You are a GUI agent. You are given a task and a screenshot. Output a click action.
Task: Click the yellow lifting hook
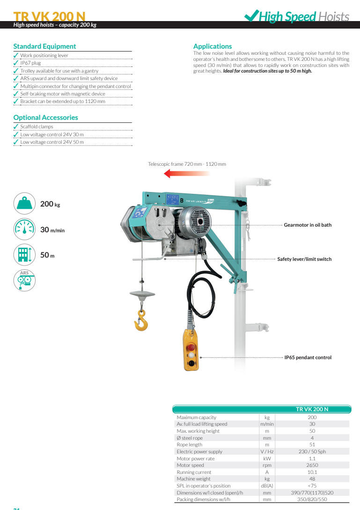(x=141, y=321)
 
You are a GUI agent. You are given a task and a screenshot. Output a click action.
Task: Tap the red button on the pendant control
(x=191, y=347)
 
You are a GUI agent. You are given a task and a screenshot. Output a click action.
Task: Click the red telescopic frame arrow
(x=187, y=173)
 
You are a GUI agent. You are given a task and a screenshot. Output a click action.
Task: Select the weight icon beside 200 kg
(x=24, y=203)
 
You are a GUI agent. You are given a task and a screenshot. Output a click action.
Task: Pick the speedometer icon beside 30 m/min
(x=24, y=229)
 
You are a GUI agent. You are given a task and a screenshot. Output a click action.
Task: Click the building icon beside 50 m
(x=24, y=255)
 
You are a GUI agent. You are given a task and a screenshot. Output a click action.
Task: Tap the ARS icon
(x=24, y=281)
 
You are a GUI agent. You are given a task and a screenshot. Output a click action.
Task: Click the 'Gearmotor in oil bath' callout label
(x=308, y=225)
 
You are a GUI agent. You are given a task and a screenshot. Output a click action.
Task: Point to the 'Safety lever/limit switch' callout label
(x=304, y=259)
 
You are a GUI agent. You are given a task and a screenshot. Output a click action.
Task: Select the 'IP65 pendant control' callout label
(x=308, y=357)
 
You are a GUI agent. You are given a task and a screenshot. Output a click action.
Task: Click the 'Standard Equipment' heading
(x=44, y=46)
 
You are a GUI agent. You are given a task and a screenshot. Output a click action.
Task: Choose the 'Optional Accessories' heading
(x=45, y=118)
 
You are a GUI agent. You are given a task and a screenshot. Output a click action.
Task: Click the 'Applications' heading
(x=213, y=46)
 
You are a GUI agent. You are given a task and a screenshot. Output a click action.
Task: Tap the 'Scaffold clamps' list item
(x=37, y=126)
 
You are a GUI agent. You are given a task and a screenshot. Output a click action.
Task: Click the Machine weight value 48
(x=312, y=479)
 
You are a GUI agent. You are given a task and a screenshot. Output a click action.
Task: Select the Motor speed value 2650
(x=312, y=465)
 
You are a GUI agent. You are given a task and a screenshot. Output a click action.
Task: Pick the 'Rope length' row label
(x=190, y=444)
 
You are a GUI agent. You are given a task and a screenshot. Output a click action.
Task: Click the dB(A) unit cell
(x=267, y=486)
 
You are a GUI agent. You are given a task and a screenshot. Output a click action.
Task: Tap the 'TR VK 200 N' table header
(x=312, y=409)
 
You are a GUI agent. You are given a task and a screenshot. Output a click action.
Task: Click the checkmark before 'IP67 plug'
(x=16, y=63)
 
